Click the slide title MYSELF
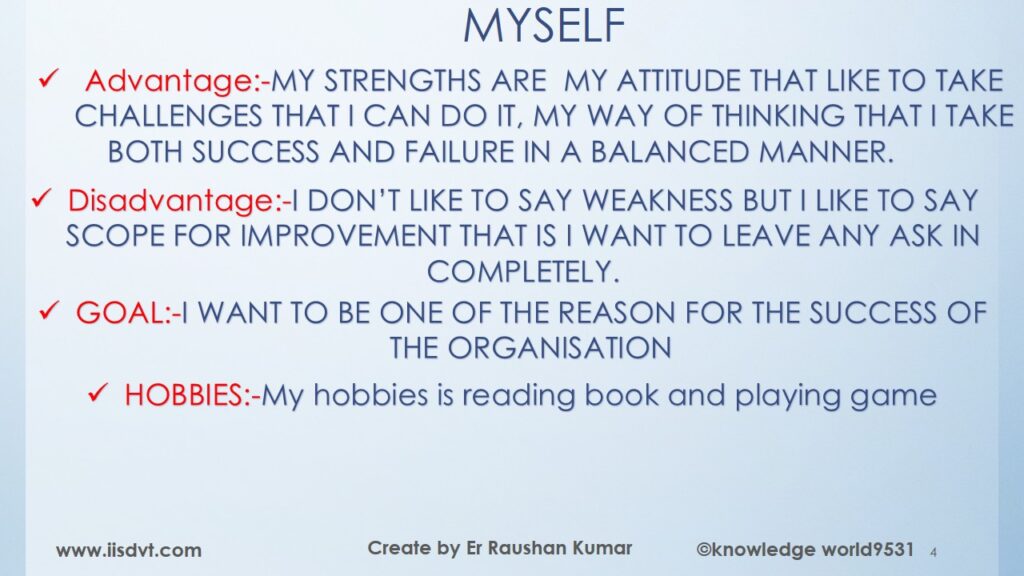click(x=544, y=27)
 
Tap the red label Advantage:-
click(x=177, y=82)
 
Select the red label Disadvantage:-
click(x=180, y=201)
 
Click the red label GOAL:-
click(x=129, y=313)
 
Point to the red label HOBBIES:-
click(x=192, y=395)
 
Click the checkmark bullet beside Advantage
click(x=49, y=78)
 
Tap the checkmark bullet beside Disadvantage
click(x=41, y=198)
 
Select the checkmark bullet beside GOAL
click(x=50, y=310)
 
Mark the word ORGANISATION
click(x=559, y=348)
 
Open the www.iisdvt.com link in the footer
click(x=129, y=551)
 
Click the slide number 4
click(x=933, y=552)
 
